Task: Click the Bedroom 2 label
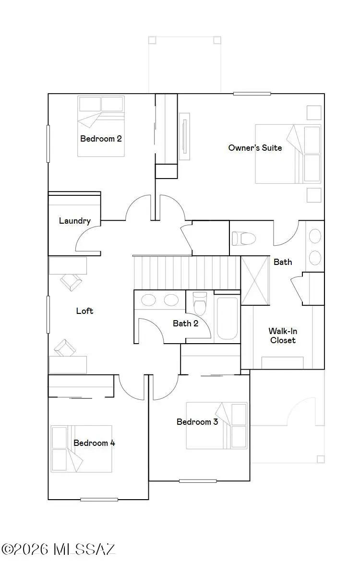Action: tap(101, 139)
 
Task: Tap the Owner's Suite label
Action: tap(255, 148)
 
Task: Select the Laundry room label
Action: tap(75, 221)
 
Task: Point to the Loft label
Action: tap(84, 311)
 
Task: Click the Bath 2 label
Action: tap(185, 323)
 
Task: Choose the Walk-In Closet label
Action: tap(282, 335)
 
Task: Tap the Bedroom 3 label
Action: tap(197, 422)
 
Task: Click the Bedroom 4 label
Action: tap(94, 443)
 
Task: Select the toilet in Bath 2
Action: tap(200, 304)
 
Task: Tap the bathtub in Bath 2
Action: tap(227, 318)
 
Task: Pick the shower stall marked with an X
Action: tap(255, 280)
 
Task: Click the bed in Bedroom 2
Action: tap(101, 126)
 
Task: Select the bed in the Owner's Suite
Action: tap(288, 154)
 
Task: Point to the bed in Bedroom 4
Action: tap(82, 448)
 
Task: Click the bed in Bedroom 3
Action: tap(217, 425)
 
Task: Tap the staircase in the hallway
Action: tap(186, 272)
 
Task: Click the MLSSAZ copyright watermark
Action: tap(59, 549)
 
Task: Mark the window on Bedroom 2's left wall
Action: tap(48, 143)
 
